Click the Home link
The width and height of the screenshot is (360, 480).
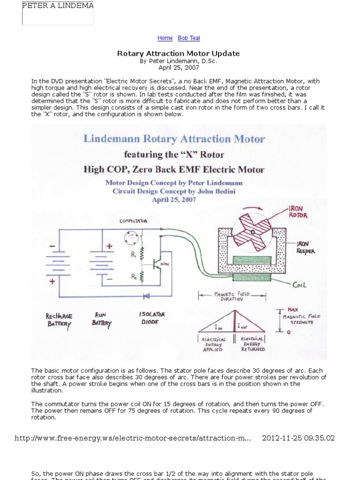[165, 38]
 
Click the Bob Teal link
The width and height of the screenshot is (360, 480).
[189, 38]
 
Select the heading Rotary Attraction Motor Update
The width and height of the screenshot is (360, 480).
[178, 53]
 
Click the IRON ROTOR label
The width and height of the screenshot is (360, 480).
[299, 212]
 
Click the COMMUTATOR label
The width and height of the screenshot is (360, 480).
[133, 220]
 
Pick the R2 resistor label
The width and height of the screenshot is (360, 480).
[134, 277]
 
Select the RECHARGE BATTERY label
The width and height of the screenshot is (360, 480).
[59, 320]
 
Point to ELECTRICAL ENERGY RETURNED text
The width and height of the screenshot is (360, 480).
[253, 344]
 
